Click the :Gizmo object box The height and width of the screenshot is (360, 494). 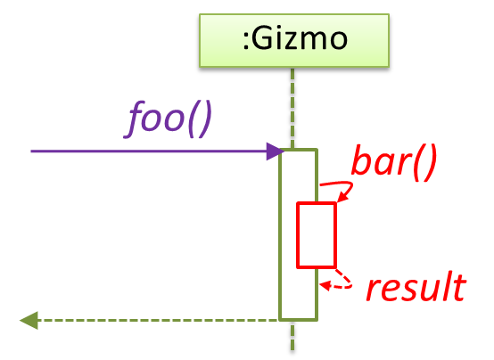pos(294,40)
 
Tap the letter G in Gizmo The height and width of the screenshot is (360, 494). pos(261,39)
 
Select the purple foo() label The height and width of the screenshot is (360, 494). pos(168,119)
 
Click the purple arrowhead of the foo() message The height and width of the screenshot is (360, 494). pos(276,151)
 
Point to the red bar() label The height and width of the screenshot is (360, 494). pos(394,163)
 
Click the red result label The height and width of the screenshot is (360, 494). pos(416,287)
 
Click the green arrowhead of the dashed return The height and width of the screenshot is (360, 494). pos(29,320)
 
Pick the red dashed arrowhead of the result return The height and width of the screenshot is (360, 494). pos(325,285)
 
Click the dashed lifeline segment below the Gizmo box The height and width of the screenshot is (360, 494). pos(292,108)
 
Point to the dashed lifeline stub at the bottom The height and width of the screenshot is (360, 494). pos(292,336)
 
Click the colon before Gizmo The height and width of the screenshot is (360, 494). pos(246,43)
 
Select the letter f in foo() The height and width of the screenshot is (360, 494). pos(132,119)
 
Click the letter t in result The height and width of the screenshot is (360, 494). pos(459,286)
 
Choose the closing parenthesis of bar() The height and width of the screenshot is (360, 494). pos(430,164)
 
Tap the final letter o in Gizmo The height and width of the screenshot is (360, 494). pos(339,42)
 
